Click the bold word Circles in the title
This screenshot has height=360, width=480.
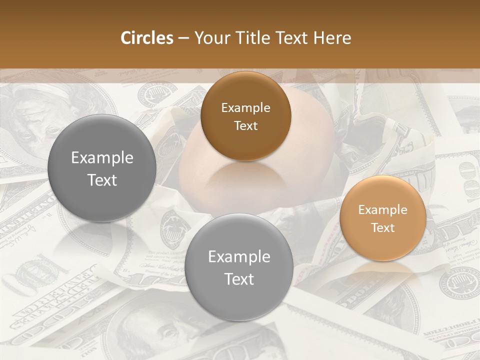click(x=147, y=38)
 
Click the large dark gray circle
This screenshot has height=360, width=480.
click(x=102, y=168)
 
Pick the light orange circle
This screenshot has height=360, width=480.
click(x=382, y=218)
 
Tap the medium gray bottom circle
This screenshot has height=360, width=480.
click(x=239, y=267)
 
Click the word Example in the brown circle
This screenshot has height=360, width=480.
click(x=245, y=108)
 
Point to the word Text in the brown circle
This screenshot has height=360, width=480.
click(x=245, y=125)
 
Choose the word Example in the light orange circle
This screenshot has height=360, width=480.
click(x=382, y=210)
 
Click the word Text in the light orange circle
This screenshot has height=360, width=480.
click(x=382, y=227)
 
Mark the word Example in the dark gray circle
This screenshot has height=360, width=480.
click(x=102, y=158)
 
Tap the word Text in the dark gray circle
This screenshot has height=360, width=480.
click(x=102, y=180)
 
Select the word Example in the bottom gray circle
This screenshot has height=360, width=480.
click(x=239, y=257)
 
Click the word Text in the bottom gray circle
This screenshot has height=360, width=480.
click(x=239, y=279)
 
